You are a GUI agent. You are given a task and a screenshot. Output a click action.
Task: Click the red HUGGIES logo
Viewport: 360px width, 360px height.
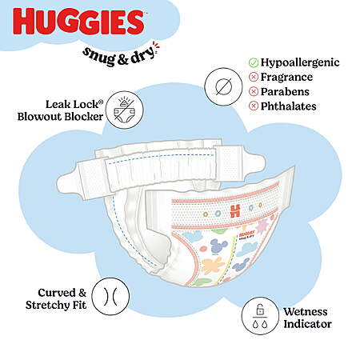pyautogui.click(x=78, y=22)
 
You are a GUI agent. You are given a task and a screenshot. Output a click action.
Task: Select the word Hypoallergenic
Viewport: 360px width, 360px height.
pyautogui.click(x=300, y=62)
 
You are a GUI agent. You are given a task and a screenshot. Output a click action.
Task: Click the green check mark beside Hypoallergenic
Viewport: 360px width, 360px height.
pyautogui.click(x=254, y=62)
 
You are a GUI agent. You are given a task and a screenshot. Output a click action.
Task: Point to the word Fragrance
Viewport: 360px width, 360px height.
pyautogui.click(x=286, y=77)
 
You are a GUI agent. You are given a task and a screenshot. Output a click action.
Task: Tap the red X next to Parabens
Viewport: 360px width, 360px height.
pyautogui.click(x=254, y=92)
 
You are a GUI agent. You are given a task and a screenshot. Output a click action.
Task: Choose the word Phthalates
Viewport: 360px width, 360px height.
pyautogui.click(x=289, y=106)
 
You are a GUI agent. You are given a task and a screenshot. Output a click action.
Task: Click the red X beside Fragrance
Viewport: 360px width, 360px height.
pyautogui.click(x=254, y=77)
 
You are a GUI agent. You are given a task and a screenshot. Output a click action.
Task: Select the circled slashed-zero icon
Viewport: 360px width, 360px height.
pyautogui.click(x=223, y=86)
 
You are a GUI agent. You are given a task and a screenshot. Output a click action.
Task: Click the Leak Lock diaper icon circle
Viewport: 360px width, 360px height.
pyautogui.click(x=125, y=110)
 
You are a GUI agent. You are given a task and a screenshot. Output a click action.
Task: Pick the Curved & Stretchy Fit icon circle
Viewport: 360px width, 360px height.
pyautogui.click(x=110, y=296)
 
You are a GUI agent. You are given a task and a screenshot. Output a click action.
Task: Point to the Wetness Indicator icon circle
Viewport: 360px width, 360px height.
pyautogui.click(x=261, y=316)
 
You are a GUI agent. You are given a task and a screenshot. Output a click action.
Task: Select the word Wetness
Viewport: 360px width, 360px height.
pyautogui.click(x=306, y=312)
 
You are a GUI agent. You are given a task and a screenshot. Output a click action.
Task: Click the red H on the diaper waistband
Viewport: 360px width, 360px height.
pyautogui.click(x=235, y=211)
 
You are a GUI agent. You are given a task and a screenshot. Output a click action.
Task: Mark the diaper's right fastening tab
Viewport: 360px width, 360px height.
pyautogui.click(x=240, y=162)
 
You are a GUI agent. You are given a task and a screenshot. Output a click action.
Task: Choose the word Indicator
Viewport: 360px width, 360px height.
pyautogui.click(x=307, y=324)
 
